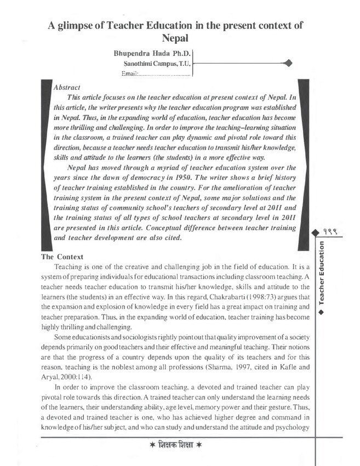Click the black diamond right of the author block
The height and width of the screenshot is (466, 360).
[289, 64]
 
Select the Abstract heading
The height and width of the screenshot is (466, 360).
[67, 87]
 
